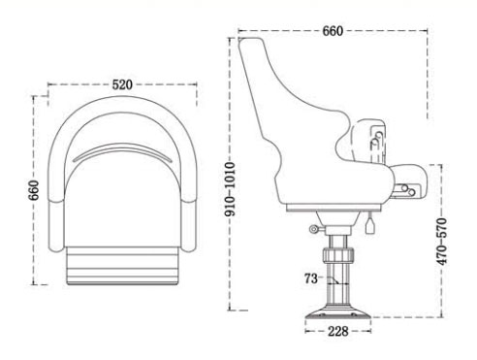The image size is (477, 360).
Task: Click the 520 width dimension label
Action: pos(122,84)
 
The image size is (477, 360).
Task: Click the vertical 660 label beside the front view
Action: pos(33,190)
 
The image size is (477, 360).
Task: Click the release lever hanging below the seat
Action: pos(370,225)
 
